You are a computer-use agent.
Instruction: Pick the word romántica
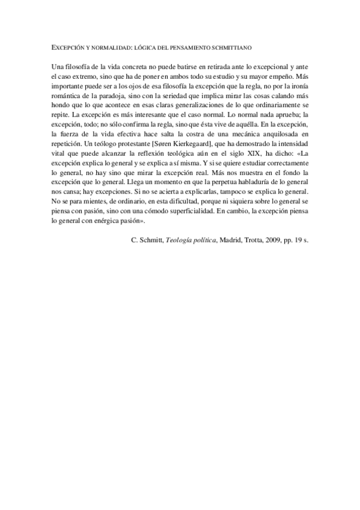[64, 89]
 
